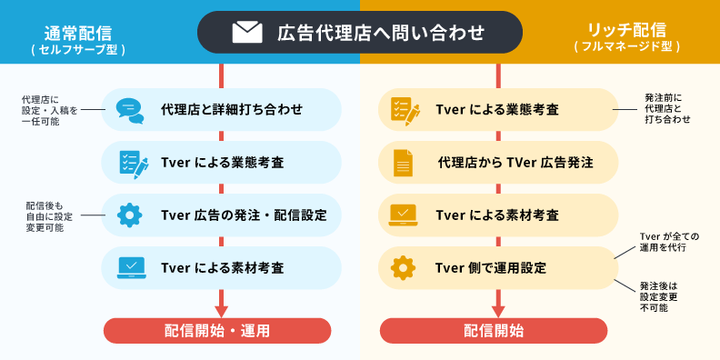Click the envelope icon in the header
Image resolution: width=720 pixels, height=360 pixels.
(246, 33)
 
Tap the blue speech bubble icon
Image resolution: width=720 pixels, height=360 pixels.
(130, 110)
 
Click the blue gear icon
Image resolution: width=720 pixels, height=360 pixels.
(130, 215)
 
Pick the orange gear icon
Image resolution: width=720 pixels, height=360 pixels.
(403, 268)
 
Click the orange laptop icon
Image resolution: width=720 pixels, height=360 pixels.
(403, 215)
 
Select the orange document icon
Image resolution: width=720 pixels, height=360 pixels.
(403, 163)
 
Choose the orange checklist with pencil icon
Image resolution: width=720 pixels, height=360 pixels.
(404, 110)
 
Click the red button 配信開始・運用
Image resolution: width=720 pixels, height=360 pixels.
(217, 331)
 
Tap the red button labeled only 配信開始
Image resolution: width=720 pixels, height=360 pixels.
(494, 331)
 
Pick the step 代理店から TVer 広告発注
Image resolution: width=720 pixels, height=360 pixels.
(515, 163)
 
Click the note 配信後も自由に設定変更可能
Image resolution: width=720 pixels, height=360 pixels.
(49, 215)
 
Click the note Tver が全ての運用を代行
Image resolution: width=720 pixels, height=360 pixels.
(663, 242)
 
